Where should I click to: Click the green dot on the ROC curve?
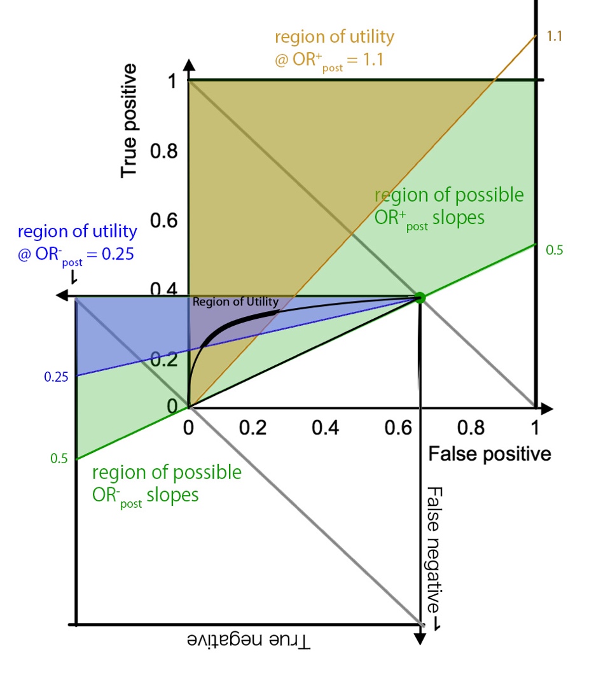[420, 297]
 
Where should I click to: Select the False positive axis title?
[489, 454]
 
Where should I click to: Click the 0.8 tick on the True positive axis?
[165, 152]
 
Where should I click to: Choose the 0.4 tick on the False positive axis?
[326, 428]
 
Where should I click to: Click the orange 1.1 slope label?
[554, 36]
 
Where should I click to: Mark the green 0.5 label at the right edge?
[555, 250]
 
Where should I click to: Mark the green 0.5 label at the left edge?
[60, 459]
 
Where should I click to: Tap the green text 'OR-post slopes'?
[145, 495]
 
